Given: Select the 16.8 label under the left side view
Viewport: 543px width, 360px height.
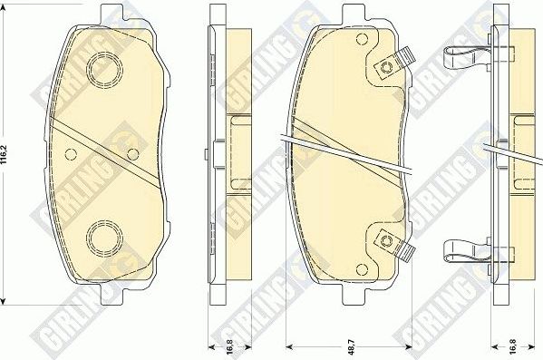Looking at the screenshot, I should (x=218, y=345).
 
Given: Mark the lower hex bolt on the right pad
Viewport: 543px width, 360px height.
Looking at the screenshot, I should (x=387, y=240).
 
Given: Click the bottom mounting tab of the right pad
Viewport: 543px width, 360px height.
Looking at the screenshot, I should (x=353, y=299).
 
